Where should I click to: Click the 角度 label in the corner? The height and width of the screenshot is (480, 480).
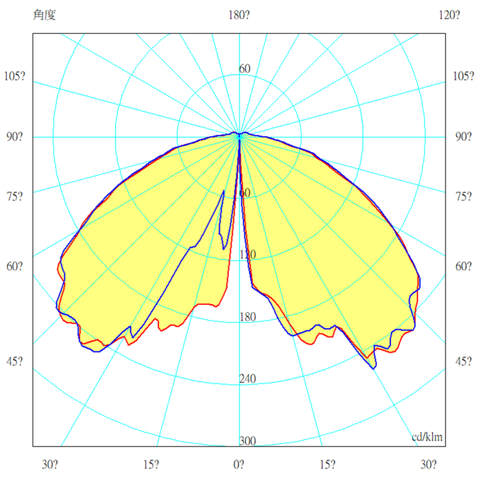pos(45,15)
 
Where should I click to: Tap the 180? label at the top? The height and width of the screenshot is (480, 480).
pos(239,15)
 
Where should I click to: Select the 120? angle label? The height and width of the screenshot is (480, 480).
pos(450,15)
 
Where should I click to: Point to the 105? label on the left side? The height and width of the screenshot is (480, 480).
pos(15,76)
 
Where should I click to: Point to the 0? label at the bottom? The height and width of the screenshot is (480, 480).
pos(239,465)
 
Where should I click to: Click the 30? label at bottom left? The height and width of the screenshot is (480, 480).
pos(50,465)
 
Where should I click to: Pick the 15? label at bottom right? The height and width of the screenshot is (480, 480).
pos(328,465)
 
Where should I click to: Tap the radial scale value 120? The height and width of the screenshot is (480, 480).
pos(248,255)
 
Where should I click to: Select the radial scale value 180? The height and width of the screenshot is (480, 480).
pos(248,317)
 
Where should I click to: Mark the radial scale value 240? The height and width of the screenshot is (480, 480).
pos(248,379)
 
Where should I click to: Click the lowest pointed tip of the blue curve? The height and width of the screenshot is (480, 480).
pos(374,368)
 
